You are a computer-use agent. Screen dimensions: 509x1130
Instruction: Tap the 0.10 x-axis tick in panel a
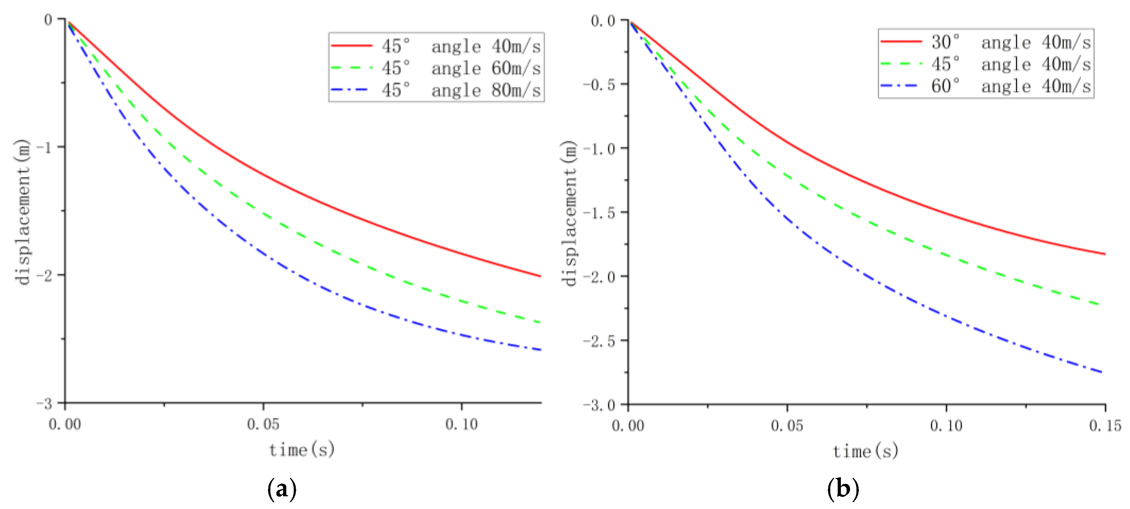coord(462,424)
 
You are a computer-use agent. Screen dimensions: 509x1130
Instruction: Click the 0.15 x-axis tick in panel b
coord(1105,426)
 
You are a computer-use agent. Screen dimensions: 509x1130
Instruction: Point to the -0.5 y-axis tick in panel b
coord(599,84)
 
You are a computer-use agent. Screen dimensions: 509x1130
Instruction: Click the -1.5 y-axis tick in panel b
coord(599,213)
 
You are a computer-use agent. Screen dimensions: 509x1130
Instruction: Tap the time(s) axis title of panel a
coord(302,450)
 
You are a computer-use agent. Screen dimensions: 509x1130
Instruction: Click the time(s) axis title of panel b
coord(866,451)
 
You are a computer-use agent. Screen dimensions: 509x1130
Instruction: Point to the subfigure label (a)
coord(282,489)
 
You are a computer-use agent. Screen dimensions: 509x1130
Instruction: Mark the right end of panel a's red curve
coord(540,276)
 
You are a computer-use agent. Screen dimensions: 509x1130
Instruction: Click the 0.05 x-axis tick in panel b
coord(787,426)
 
